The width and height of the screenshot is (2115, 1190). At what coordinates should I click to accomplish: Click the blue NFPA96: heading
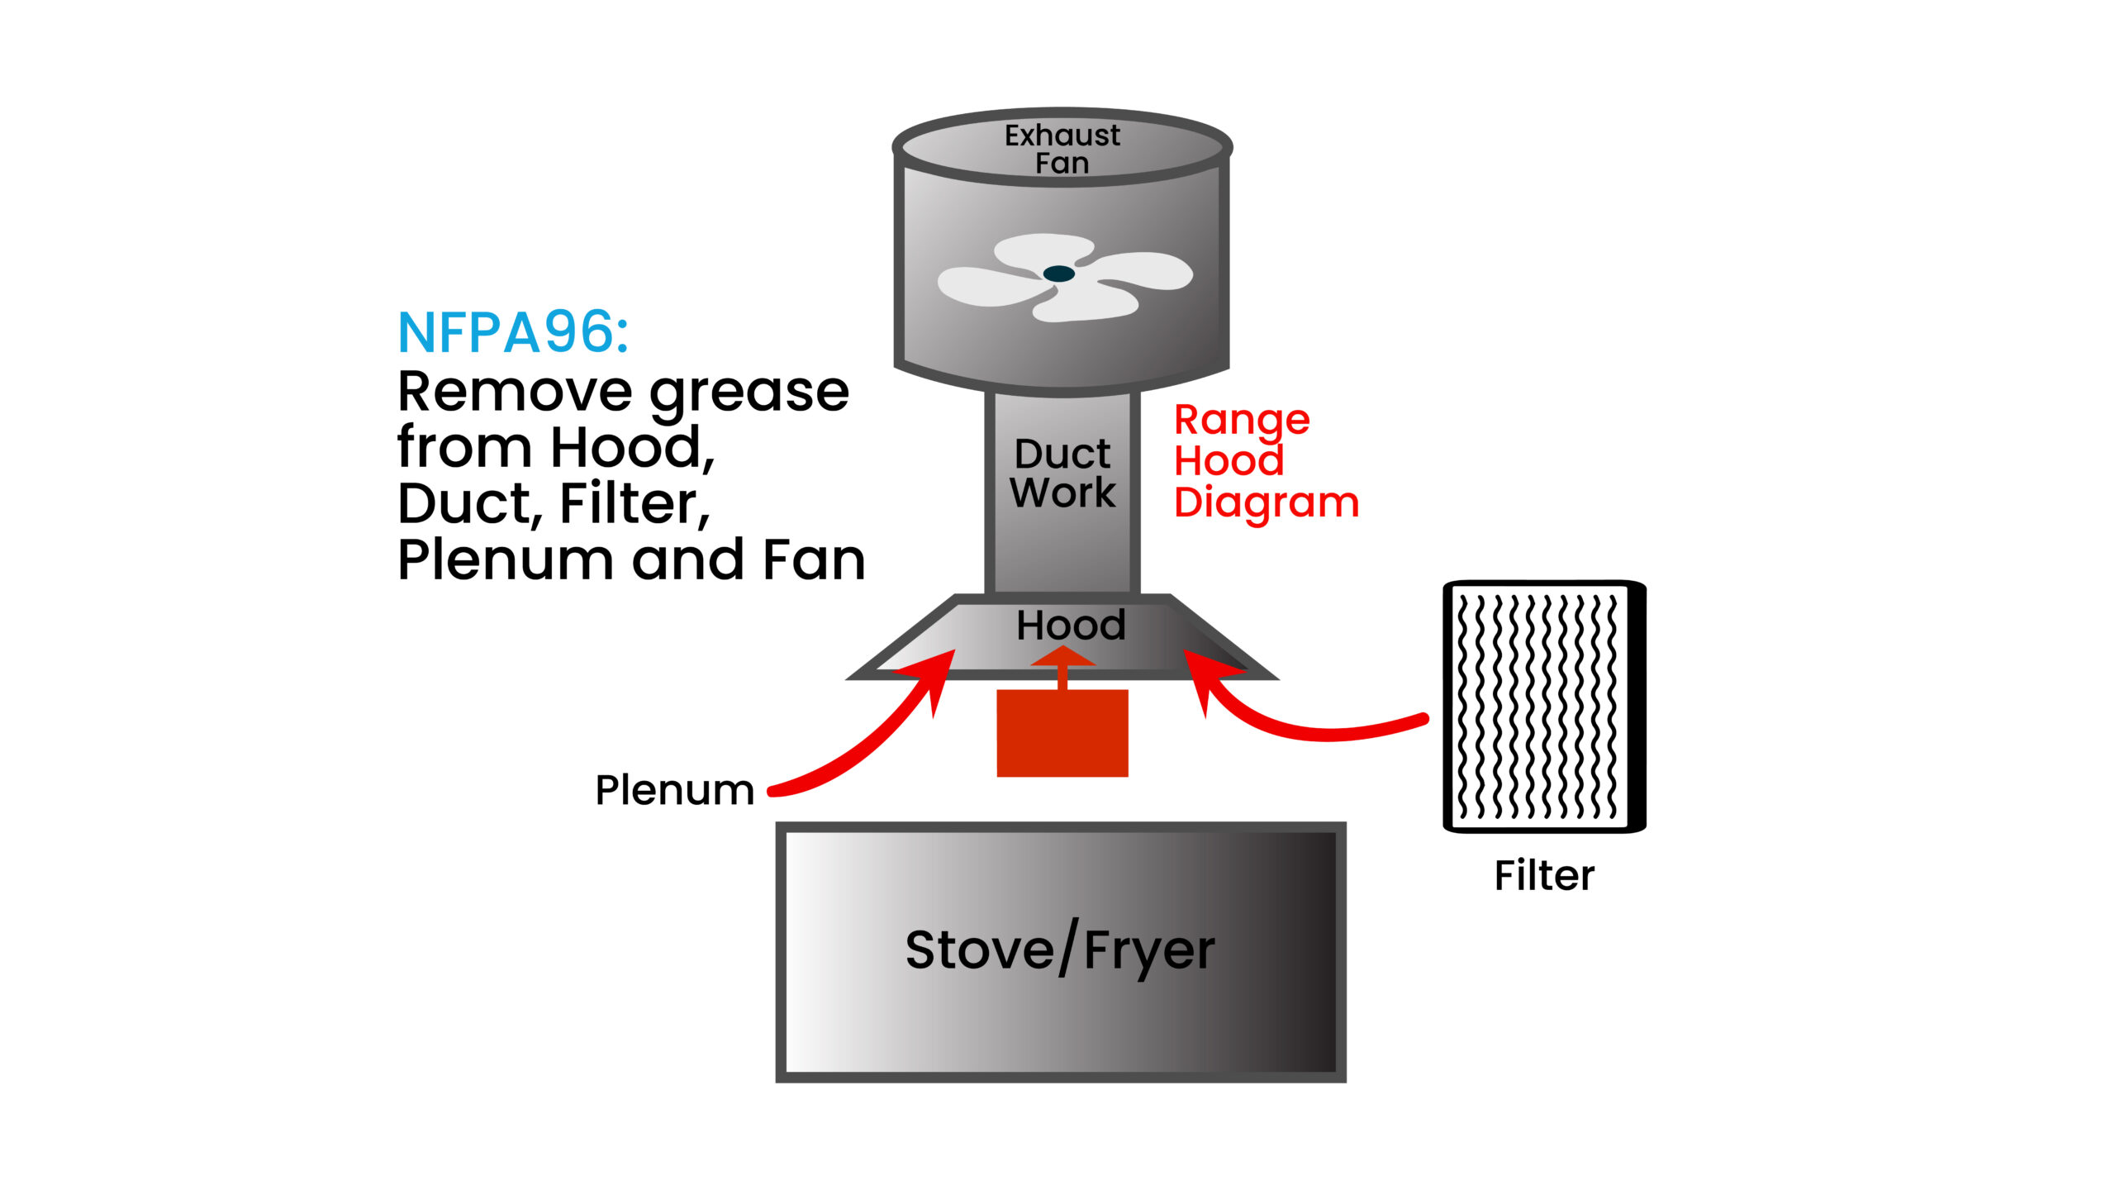point(513,332)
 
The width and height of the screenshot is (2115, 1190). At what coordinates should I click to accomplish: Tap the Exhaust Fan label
point(1062,149)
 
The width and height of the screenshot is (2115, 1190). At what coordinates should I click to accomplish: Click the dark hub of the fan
point(1058,274)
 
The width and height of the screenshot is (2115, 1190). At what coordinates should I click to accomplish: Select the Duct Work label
point(1062,473)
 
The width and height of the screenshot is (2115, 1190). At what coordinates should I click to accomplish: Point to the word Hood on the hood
point(1071,626)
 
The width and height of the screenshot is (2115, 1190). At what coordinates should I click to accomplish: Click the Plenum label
point(674,790)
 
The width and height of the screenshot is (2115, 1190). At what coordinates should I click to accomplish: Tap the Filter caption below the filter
point(1544,875)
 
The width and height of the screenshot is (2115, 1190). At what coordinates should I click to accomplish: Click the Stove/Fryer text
point(1060,950)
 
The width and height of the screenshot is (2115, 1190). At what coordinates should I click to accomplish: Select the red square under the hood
point(1062,734)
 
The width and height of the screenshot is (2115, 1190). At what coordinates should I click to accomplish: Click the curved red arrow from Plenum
point(867,735)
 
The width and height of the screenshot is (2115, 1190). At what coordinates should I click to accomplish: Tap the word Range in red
point(1242,421)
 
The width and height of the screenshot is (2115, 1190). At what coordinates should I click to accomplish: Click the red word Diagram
point(1266,502)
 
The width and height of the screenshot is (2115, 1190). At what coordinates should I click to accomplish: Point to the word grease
point(749,393)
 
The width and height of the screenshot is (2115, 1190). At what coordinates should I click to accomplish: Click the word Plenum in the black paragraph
point(505,560)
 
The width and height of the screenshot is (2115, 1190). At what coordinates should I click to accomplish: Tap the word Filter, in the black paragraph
point(634,504)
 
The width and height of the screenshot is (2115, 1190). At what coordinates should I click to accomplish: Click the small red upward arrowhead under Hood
point(1062,657)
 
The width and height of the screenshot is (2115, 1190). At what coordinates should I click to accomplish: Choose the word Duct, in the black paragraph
point(470,504)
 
